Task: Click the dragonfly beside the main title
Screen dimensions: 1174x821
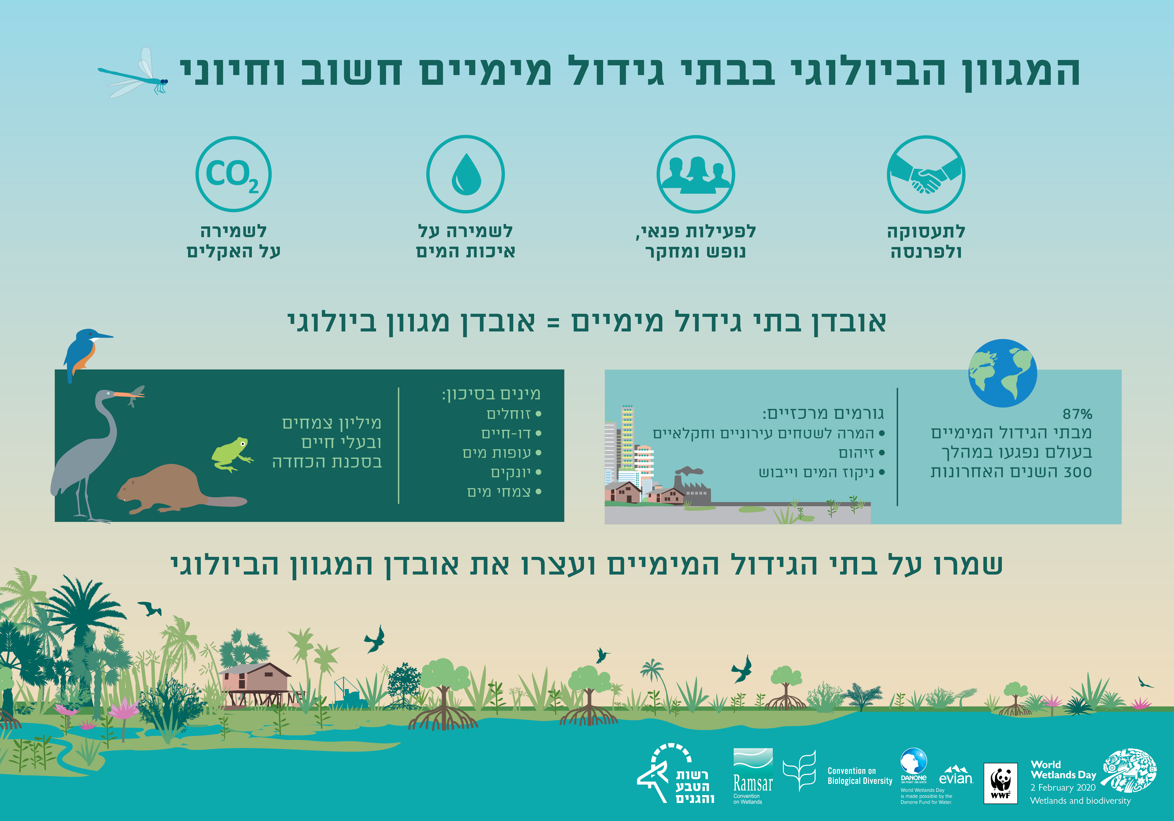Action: click(134, 76)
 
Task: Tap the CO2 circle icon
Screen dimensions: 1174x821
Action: click(233, 174)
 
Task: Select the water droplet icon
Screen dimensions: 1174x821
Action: click(465, 174)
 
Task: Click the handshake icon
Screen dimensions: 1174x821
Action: click(926, 174)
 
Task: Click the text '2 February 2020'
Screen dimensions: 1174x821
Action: click(1063, 787)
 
